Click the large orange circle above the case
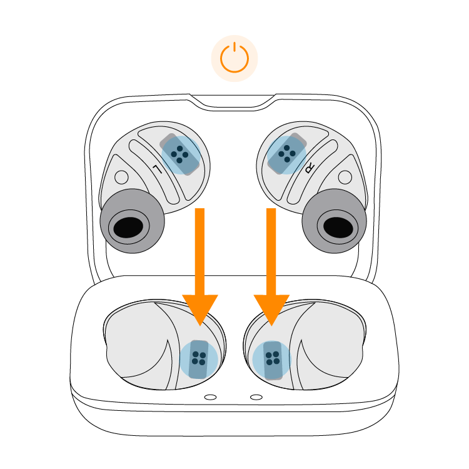[x=234, y=59]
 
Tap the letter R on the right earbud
[x=310, y=168]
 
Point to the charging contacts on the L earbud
[x=181, y=154]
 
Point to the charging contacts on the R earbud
[x=287, y=153]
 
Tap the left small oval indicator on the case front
[x=211, y=397]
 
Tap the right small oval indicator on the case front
[x=256, y=397]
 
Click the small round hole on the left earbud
[x=122, y=178]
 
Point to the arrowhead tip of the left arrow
[x=200, y=324]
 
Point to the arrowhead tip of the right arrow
[x=271, y=324]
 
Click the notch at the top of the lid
[x=233, y=102]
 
